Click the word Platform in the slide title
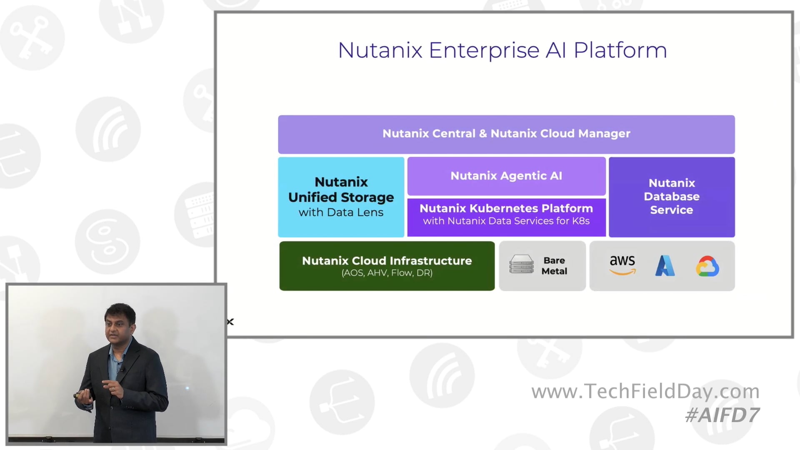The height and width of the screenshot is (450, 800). pyautogui.click(x=620, y=50)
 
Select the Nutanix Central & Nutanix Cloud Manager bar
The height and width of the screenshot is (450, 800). pyautogui.click(x=506, y=134)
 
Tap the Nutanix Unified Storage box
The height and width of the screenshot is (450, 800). pyautogui.click(x=341, y=197)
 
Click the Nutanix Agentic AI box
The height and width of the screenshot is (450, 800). pyautogui.click(x=506, y=176)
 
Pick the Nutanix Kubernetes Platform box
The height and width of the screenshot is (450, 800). pyautogui.click(x=506, y=214)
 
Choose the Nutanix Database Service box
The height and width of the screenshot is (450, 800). pyautogui.click(x=671, y=197)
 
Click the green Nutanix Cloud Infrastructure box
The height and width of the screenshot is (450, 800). pyautogui.click(x=387, y=265)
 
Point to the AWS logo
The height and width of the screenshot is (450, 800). pyautogui.click(x=622, y=265)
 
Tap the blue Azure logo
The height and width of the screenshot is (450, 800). pyautogui.click(x=665, y=266)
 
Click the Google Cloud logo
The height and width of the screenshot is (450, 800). pyautogui.click(x=707, y=266)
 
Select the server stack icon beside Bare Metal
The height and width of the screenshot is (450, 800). pyautogui.click(x=521, y=265)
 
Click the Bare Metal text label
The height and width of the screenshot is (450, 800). pyautogui.click(x=554, y=265)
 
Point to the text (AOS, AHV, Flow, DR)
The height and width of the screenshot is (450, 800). pyautogui.click(x=387, y=273)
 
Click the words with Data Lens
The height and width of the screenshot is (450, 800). pyautogui.click(x=341, y=212)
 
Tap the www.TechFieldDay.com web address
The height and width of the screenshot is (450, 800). pyautogui.click(x=645, y=391)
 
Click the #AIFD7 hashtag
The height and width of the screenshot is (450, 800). pyautogui.click(x=722, y=415)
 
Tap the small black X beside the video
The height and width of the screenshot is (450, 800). pyautogui.click(x=230, y=322)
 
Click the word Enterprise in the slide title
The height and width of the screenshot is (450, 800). pyautogui.click(x=484, y=50)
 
